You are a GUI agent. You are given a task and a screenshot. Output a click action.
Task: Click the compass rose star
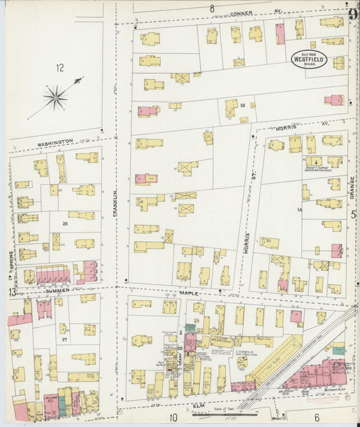coord(55,97)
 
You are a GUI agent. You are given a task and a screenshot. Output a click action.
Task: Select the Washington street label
coord(55,143)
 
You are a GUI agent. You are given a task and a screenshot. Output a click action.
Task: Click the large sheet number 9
coord(352,13)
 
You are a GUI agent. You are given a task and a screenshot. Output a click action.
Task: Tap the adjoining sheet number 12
coord(60,67)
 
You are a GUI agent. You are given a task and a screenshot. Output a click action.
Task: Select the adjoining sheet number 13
coord(11,292)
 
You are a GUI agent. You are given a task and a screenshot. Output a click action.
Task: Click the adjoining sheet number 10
coord(174,418)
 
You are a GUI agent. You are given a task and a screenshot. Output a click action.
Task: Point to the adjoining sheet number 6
coord(316,418)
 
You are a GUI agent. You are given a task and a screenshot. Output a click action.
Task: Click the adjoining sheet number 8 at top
coord(211,8)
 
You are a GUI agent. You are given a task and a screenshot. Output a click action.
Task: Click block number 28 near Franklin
coord(66,222)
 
